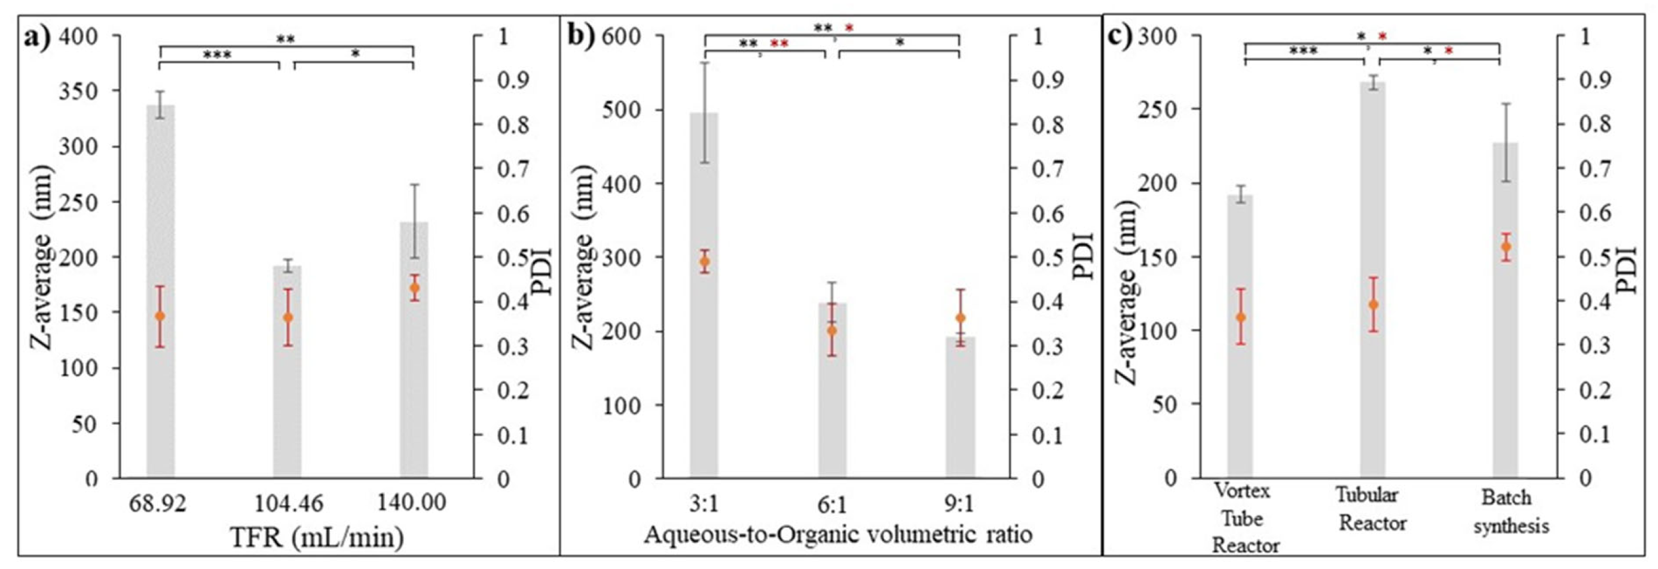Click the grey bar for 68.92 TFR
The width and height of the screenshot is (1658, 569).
tap(160, 290)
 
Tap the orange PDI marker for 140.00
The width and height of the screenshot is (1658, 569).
tap(415, 288)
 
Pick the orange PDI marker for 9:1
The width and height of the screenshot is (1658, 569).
tap(960, 318)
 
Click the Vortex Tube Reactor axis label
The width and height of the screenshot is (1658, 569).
tap(1245, 519)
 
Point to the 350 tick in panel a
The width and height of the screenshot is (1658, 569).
tap(87, 91)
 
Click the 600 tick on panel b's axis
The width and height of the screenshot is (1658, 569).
tap(623, 36)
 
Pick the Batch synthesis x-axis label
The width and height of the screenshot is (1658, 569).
tap(1510, 512)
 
